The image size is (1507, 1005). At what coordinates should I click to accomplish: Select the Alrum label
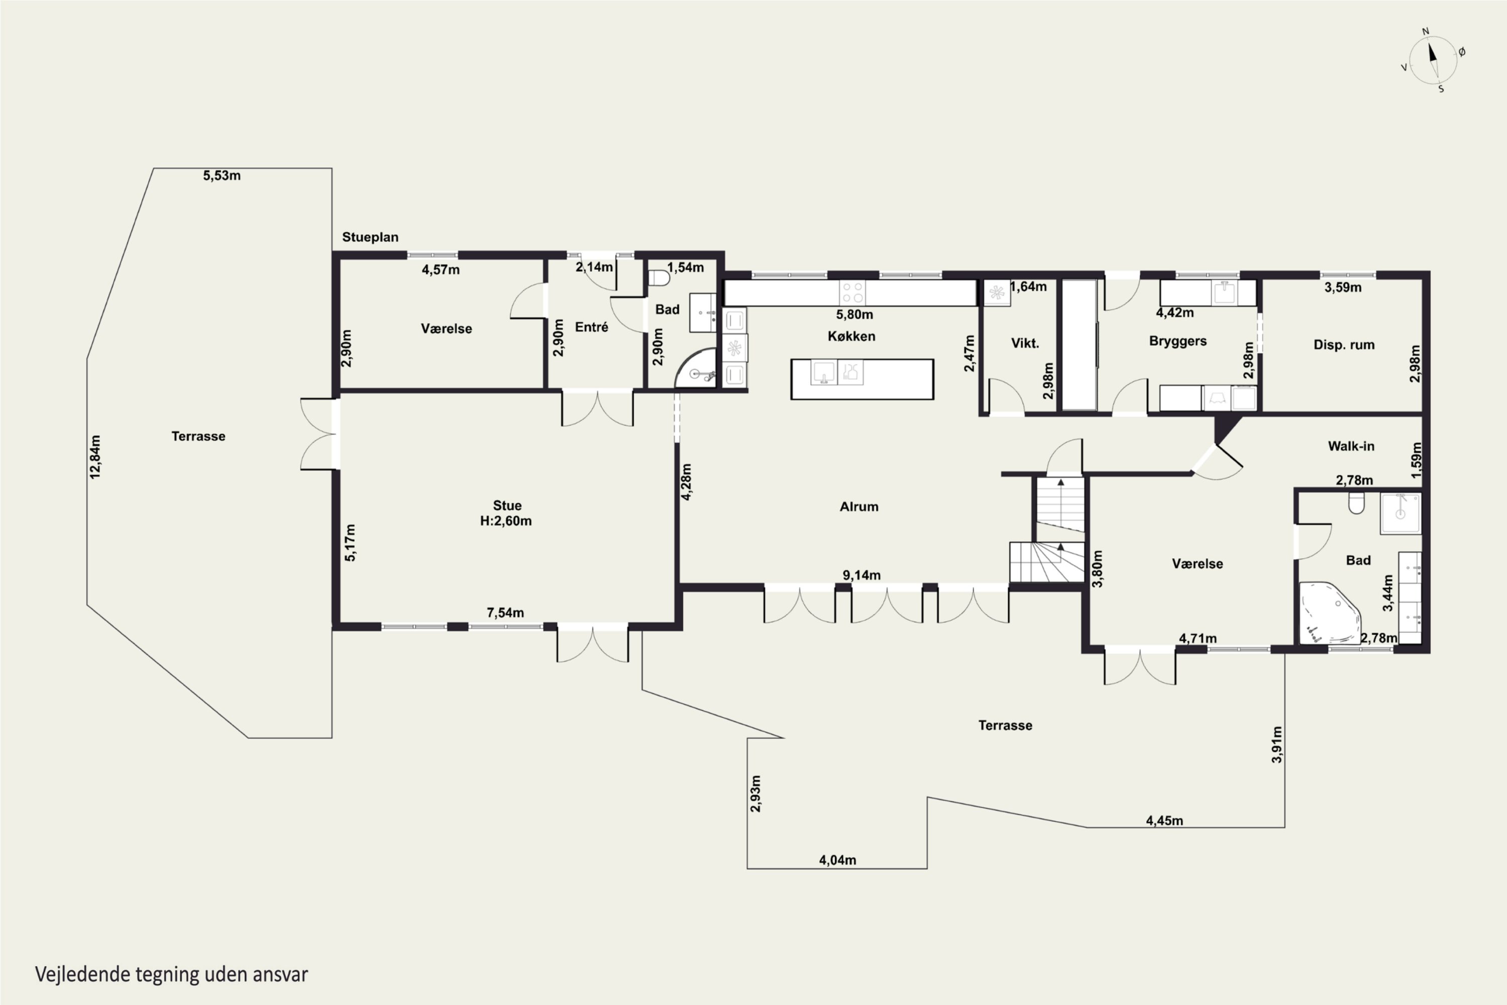(x=858, y=507)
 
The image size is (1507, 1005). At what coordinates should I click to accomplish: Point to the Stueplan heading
(x=370, y=237)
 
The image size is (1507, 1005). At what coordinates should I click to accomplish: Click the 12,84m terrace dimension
(x=95, y=457)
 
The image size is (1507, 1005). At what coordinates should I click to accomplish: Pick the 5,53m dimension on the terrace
(x=222, y=175)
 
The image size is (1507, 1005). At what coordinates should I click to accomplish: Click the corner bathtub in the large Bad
(x=1330, y=613)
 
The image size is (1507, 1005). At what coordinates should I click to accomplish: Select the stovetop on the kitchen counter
(x=852, y=292)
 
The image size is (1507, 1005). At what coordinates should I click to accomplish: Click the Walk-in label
(x=1351, y=446)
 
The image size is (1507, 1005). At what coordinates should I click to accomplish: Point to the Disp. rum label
(x=1344, y=345)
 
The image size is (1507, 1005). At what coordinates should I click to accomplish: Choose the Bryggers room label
(x=1177, y=341)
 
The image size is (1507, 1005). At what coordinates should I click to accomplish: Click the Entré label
(x=591, y=328)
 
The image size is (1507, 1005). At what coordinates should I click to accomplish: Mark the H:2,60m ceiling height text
(x=505, y=521)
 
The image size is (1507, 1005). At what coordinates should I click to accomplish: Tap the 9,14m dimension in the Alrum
(x=861, y=575)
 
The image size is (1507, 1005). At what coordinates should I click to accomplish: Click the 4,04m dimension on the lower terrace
(x=837, y=860)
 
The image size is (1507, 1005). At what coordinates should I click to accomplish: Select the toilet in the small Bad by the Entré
(x=659, y=279)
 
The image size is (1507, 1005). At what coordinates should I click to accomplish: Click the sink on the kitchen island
(x=823, y=372)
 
